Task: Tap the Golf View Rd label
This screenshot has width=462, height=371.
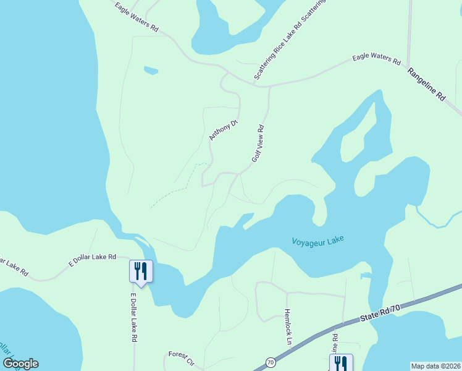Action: (x=258, y=144)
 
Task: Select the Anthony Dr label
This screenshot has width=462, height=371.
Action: (x=223, y=130)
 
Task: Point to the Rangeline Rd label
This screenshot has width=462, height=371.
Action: (x=426, y=85)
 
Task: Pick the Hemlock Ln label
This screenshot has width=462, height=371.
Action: (x=287, y=326)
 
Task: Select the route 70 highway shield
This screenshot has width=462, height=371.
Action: (x=270, y=362)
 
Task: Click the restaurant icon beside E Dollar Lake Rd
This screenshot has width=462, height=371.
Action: (x=141, y=271)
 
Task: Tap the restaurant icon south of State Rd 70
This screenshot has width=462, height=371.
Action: (x=341, y=363)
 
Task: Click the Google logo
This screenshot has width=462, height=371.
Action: (x=20, y=364)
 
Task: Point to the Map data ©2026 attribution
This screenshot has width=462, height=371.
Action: (x=435, y=365)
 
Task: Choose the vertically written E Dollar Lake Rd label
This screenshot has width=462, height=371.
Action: (x=133, y=318)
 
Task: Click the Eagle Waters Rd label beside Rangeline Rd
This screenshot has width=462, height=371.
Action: (x=377, y=59)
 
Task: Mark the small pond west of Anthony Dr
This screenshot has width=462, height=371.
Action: (x=151, y=70)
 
